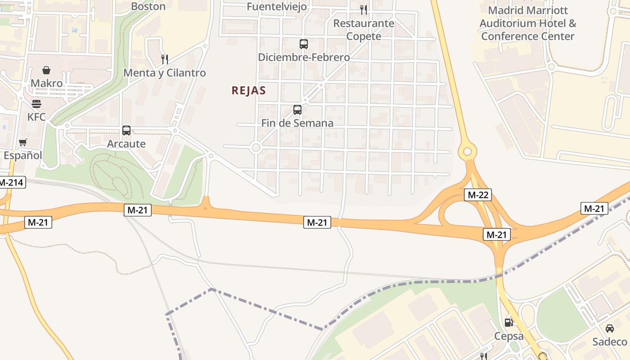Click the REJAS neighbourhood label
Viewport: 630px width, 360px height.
click(248, 90)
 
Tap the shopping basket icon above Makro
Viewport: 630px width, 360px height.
click(46, 70)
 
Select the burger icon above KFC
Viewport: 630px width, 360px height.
click(36, 104)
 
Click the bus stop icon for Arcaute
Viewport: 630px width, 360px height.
click(126, 130)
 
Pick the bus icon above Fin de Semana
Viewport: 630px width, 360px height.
click(297, 109)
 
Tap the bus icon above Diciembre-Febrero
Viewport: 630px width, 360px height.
click(304, 44)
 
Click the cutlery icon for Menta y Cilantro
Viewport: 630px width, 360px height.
click(165, 59)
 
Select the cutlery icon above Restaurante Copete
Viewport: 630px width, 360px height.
click(364, 9)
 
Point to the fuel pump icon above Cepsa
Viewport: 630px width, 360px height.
click(508, 322)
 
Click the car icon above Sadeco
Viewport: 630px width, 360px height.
click(610, 328)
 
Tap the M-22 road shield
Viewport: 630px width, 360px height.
click(477, 195)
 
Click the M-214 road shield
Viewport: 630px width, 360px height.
click(12, 182)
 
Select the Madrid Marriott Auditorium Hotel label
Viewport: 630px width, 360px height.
click(528, 23)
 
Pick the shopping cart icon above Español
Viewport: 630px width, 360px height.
click(22, 142)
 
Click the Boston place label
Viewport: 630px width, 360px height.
click(148, 6)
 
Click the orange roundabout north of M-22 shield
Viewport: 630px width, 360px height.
click(467, 151)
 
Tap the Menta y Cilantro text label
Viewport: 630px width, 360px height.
click(164, 73)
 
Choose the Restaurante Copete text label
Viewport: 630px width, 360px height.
click(364, 30)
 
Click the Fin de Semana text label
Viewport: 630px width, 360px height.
click(297, 123)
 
